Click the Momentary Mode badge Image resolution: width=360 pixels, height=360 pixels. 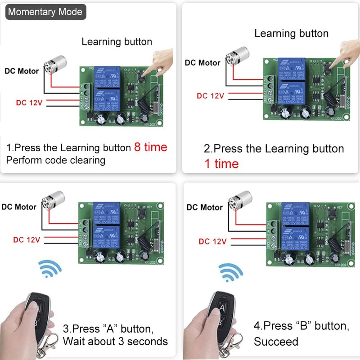point(45,12)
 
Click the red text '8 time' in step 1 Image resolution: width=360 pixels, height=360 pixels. point(151,147)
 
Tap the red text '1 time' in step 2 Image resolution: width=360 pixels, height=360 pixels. point(221,164)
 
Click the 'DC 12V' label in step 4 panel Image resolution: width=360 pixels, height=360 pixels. point(213,242)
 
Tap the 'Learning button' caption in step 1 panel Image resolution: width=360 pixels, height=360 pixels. point(117,42)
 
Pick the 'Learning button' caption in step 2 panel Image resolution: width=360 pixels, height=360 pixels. point(291,33)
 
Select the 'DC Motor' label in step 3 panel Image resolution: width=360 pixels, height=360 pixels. point(19,207)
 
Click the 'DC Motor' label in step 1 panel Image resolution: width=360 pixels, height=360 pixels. point(22,71)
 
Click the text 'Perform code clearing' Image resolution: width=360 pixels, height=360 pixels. point(56,160)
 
